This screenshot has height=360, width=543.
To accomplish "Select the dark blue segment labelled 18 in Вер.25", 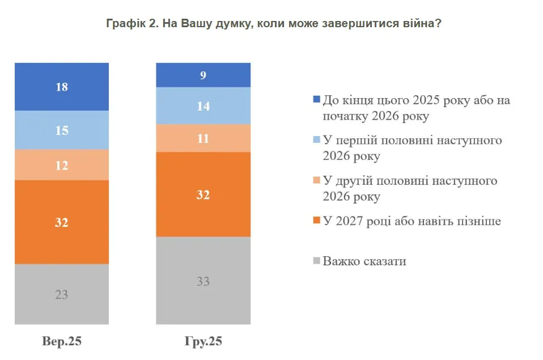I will [x=62, y=87].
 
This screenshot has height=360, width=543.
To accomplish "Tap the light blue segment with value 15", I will [x=62, y=130].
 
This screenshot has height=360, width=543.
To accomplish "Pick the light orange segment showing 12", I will [x=62, y=165].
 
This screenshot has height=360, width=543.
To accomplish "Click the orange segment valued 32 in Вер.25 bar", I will [x=62, y=222].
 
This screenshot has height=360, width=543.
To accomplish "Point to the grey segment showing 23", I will [x=62, y=294].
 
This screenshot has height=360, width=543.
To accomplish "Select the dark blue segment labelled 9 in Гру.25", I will [x=203, y=75].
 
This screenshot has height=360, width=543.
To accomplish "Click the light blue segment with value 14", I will [x=203, y=106].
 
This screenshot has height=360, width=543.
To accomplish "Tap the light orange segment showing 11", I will [x=203, y=138].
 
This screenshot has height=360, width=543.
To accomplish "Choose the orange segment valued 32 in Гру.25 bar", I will [x=203, y=194].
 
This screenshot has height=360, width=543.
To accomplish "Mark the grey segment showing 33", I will [x=203, y=281].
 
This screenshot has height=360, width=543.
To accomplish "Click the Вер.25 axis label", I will [x=62, y=341].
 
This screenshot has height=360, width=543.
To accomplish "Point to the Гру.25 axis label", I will [x=203, y=341].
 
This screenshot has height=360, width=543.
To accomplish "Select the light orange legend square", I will [x=316, y=181].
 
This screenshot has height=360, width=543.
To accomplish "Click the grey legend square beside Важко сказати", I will [x=316, y=262].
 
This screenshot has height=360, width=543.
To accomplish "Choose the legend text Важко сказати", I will [x=364, y=261].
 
